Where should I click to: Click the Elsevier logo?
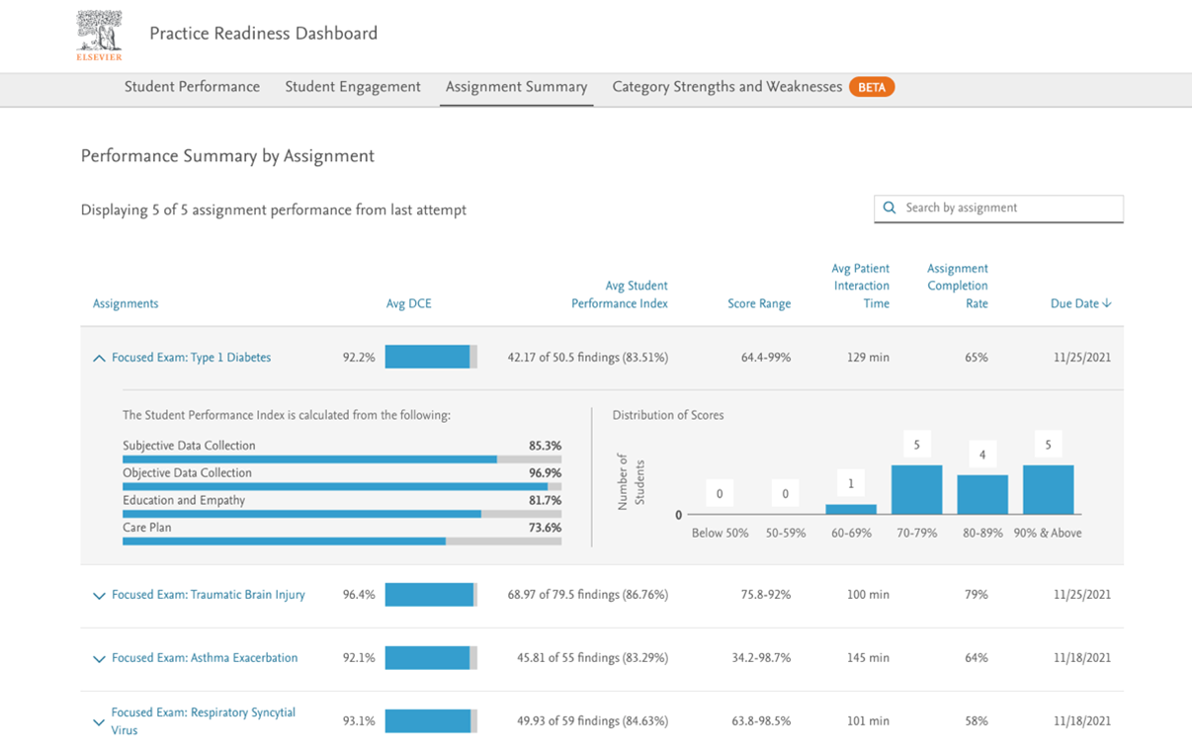[x=99, y=36]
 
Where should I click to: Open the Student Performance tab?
[x=192, y=87]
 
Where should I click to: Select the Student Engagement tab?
[x=353, y=87]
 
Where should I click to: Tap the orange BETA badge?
[x=871, y=87]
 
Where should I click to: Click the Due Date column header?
[x=1079, y=303]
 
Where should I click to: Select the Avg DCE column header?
[x=408, y=303]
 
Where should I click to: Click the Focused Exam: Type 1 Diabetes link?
[x=191, y=358]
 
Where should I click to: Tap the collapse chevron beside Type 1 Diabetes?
[x=99, y=358]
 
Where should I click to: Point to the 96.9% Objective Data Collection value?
[x=545, y=473]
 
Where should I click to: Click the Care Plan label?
[x=147, y=528]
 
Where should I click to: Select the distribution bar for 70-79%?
[x=916, y=489]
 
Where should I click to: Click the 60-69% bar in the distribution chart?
[x=851, y=509]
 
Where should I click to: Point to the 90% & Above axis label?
[x=1048, y=533]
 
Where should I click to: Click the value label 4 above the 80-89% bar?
[x=982, y=456]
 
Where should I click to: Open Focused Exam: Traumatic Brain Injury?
[x=208, y=595]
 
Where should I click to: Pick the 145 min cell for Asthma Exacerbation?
[x=868, y=658]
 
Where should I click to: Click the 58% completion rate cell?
[x=976, y=721]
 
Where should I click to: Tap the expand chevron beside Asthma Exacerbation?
[x=99, y=659]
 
